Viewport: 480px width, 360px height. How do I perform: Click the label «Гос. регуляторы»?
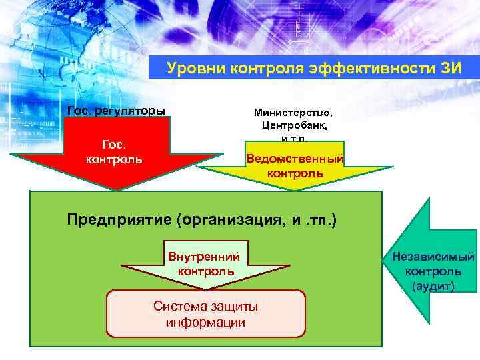point(117,110)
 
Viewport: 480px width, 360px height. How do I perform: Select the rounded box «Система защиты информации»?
point(205,313)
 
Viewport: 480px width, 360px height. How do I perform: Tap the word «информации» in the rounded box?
point(205,322)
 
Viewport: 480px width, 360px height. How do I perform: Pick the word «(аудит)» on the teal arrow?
point(434,286)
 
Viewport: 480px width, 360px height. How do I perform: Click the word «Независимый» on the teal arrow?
point(434,257)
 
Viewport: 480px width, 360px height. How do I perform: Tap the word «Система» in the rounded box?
point(179,307)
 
